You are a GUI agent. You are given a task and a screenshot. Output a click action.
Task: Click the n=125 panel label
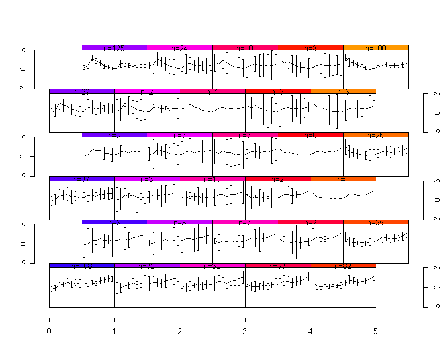[x=114, y=48]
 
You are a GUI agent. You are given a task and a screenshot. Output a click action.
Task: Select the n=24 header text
[x=179, y=48]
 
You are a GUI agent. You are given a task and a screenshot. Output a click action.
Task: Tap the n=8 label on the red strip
[x=311, y=48]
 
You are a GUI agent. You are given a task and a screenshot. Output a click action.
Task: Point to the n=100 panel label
[x=376, y=48]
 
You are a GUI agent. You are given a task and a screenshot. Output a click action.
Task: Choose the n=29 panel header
[x=82, y=92]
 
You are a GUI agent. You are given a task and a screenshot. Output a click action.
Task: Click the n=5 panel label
[x=278, y=92]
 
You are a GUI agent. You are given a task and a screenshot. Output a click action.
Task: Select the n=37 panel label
[x=82, y=179]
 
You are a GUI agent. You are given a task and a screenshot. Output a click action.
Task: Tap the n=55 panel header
[x=376, y=223]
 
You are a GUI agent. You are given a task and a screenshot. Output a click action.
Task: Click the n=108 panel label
[x=82, y=266]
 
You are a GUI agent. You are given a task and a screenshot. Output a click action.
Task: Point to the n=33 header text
[x=278, y=266]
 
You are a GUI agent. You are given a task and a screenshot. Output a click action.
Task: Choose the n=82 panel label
[x=343, y=266]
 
